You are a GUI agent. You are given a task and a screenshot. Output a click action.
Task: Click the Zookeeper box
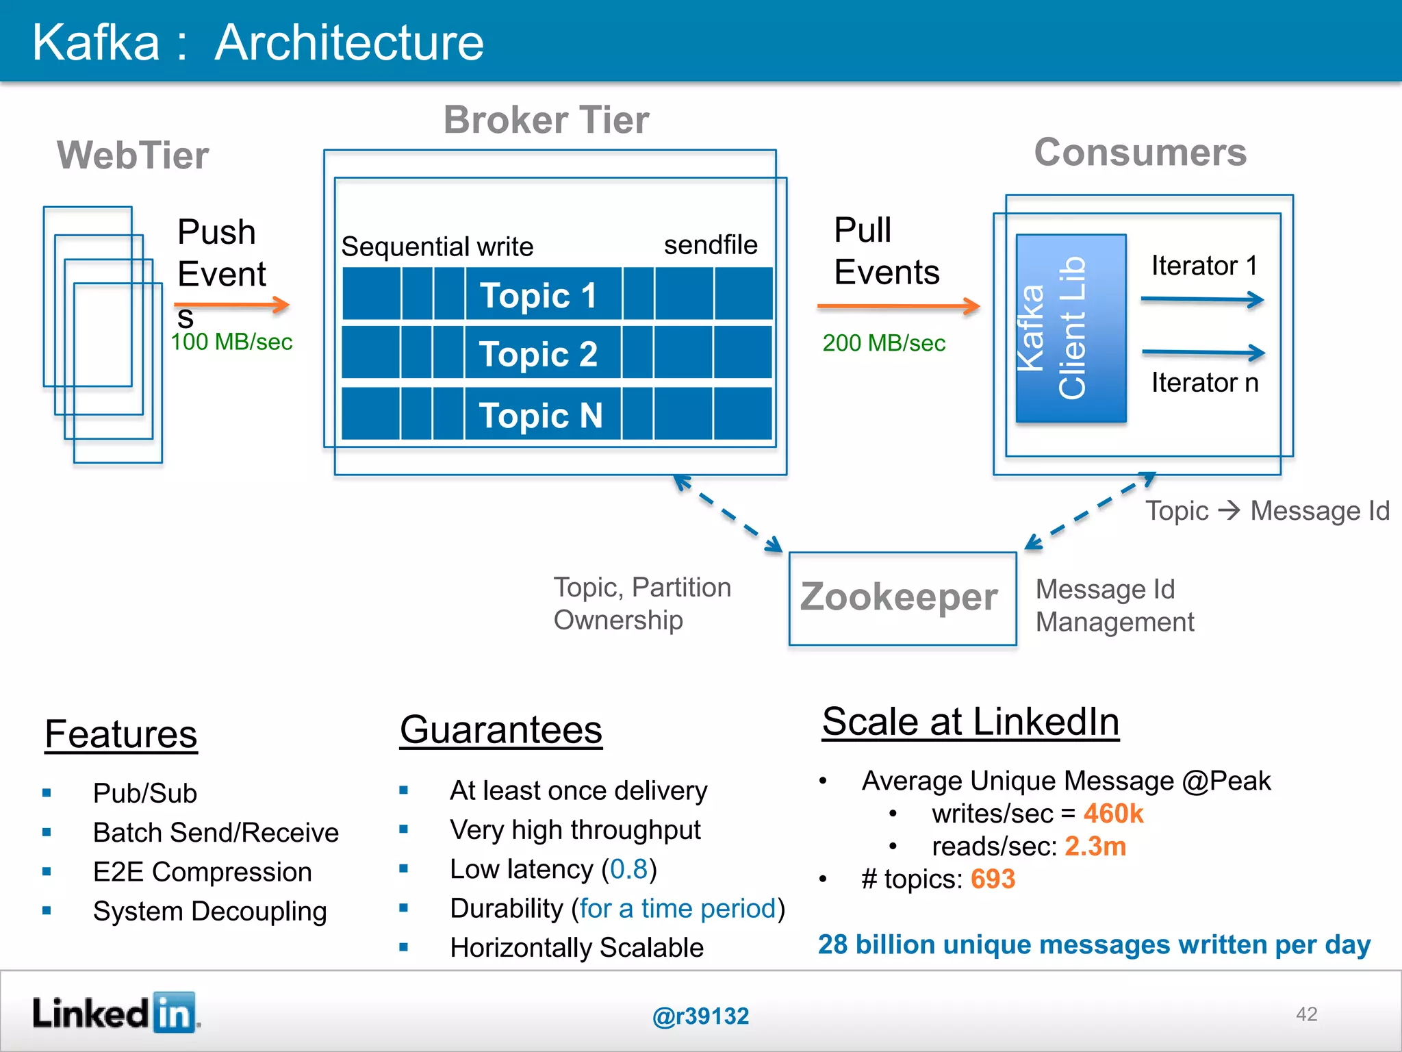click(902, 598)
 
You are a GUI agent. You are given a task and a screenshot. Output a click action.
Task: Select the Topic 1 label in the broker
click(538, 295)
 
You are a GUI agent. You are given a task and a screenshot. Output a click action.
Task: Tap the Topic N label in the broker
click(540, 415)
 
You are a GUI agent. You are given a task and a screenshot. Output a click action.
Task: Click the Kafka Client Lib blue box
click(1070, 328)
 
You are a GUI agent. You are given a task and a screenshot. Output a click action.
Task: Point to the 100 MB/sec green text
click(231, 342)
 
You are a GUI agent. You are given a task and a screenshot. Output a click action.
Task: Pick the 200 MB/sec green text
click(883, 343)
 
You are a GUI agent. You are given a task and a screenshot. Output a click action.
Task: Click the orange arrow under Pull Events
click(897, 306)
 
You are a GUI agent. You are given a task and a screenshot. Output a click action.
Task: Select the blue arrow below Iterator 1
click(1201, 299)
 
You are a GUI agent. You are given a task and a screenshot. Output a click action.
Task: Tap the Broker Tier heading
click(546, 120)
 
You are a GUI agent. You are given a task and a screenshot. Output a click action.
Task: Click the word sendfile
click(710, 245)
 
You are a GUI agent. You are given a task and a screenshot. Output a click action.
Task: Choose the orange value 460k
click(1112, 814)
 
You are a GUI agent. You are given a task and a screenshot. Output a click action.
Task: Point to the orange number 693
click(992, 879)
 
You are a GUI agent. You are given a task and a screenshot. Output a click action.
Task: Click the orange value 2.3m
click(1095, 847)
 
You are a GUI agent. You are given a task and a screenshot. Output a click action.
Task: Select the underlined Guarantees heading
click(500, 729)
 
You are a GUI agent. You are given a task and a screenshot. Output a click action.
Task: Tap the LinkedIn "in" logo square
click(174, 1012)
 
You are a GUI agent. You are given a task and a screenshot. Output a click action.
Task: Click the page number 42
click(1306, 1014)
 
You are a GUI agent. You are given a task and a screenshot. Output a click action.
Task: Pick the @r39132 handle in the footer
click(700, 1016)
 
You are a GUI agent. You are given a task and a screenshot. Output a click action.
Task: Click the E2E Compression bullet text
click(202, 872)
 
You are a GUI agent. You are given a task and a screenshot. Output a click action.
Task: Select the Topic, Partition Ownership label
click(641, 603)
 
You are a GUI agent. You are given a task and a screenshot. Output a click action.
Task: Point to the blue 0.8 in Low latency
click(628, 869)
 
